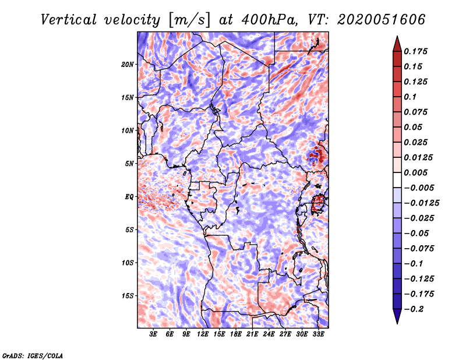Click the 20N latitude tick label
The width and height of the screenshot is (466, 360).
tap(128, 64)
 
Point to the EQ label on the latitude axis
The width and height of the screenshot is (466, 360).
tap(129, 197)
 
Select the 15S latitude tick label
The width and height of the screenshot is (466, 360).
tap(128, 296)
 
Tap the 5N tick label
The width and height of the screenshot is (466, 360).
tap(129, 164)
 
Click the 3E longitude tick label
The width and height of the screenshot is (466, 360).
tap(154, 334)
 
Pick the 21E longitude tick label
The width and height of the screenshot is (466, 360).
tap(252, 334)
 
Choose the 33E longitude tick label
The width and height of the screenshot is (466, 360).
tap(318, 334)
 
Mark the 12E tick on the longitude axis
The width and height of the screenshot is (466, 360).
tap(203, 334)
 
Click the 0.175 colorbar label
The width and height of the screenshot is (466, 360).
tap(416, 51)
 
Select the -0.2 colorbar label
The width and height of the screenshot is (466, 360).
tap(415, 309)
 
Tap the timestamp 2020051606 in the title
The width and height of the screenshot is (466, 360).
tap(373, 20)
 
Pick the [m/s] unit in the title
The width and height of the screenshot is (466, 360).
tap(189, 20)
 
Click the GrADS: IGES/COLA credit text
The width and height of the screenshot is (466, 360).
tap(33, 355)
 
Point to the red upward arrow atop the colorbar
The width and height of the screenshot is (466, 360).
tap(396, 44)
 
